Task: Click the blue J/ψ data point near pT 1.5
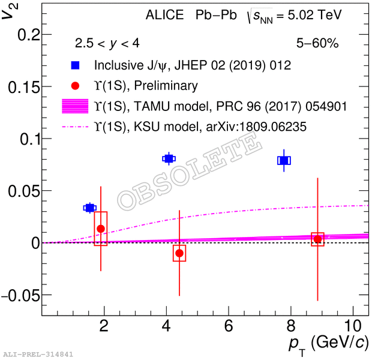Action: pos(90,208)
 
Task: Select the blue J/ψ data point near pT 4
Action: pos(169,158)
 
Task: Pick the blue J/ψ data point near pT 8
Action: pos(284,160)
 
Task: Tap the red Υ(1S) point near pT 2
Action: pos(101,229)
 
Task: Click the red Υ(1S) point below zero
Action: pos(179,253)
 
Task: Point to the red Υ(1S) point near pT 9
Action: pos(317,239)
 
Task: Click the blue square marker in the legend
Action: pos(75,65)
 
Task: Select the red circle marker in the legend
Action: pos(75,86)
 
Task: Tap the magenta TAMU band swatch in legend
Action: pos(75,106)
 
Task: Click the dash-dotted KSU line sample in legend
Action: pos(75,127)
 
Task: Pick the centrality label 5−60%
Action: pos(317,43)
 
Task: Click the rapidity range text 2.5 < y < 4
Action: pos(107,43)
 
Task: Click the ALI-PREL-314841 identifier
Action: pos(38,355)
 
